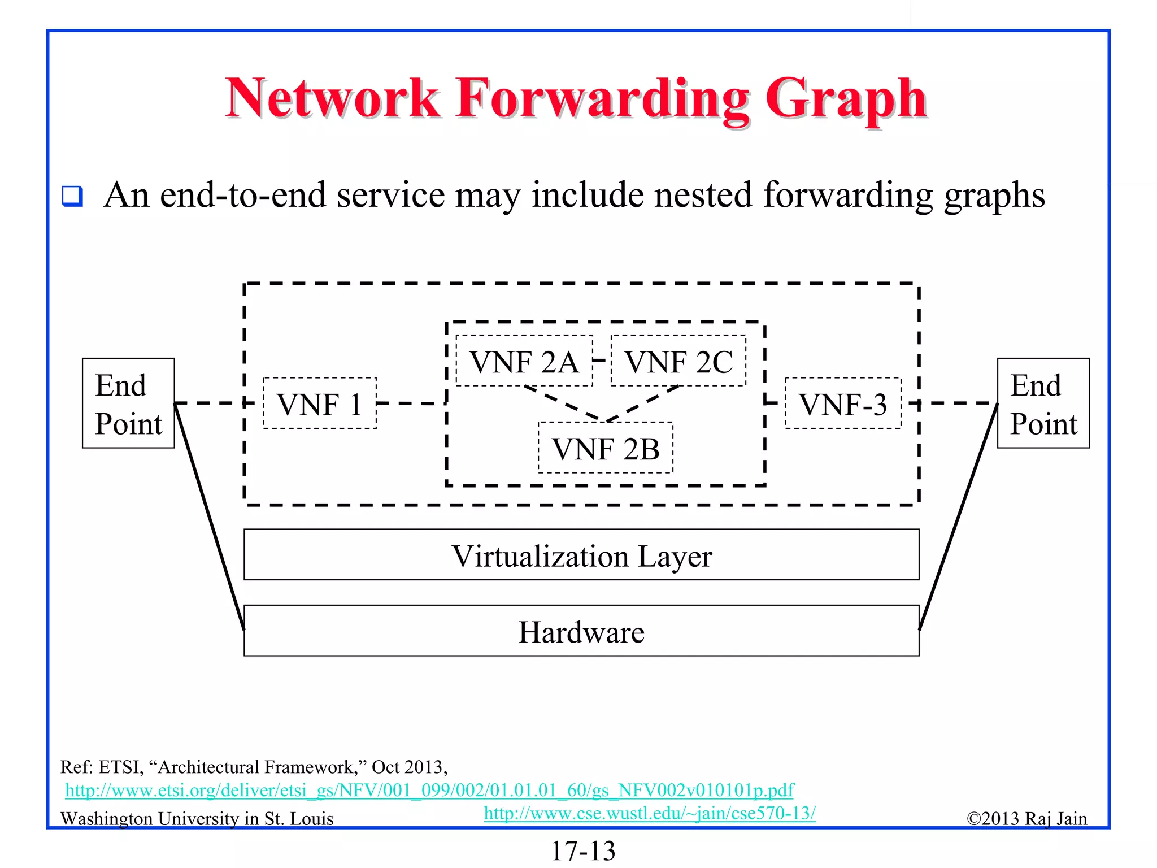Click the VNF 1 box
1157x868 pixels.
click(x=320, y=403)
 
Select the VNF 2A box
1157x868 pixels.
click(x=524, y=361)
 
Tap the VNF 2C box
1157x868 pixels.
click(x=678, y=361)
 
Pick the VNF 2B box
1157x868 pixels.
click(x=606, y=448)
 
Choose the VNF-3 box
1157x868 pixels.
click(x=843, y=403)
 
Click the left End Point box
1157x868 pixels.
click(x=128, y=403)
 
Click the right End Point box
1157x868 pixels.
click(x=1043, y=403)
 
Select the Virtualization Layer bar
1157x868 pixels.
click(x=581, y=555)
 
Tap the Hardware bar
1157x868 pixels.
click(x=581, y=631)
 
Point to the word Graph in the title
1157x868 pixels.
click(x=846, y=99)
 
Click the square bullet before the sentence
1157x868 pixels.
click(x=72, y=196)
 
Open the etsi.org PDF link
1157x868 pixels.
click(x=429, y=790)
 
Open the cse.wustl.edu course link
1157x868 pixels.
click(x=650, y=813)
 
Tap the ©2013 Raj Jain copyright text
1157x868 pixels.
click(x=1026, y=819)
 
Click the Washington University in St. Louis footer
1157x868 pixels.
click(x=197, y=819)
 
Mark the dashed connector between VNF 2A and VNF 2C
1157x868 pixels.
click(x=602, y=360)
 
